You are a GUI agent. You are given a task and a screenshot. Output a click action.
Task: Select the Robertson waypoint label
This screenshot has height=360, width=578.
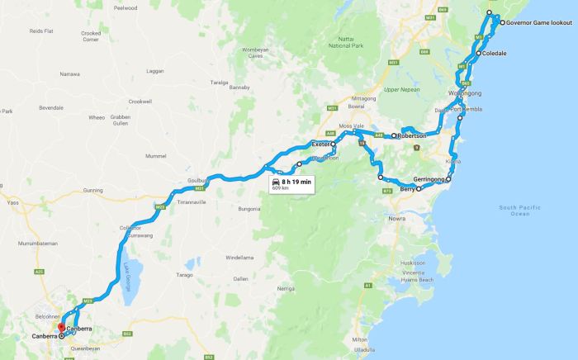tap(412, 135)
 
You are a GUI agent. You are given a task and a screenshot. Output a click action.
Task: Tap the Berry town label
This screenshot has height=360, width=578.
tap(406, 189)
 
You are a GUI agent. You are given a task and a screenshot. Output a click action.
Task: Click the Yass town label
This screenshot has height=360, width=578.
tap(12, 201)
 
